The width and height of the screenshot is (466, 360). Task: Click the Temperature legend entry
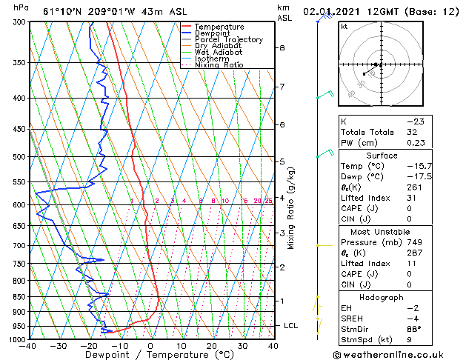pyautogui.click(x=219, y=27)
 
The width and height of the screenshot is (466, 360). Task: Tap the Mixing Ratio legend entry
pyautogui.click(x=219, y=65)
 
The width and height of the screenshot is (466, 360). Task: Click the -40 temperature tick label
pyautogui.click(x=27, y=346)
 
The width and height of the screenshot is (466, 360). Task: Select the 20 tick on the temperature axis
pyautogui.click(x=211, y=346)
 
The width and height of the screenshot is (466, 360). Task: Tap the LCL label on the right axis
pyautogui.click(x=293, y=325)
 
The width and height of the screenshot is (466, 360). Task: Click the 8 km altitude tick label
pyautogui.click(x=282, y=47)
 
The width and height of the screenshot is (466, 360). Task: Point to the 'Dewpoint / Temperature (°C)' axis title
pyautogui.click(x=150, y=355)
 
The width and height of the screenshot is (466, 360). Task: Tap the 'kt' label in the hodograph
pyautogui.click(x=344, y=26)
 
